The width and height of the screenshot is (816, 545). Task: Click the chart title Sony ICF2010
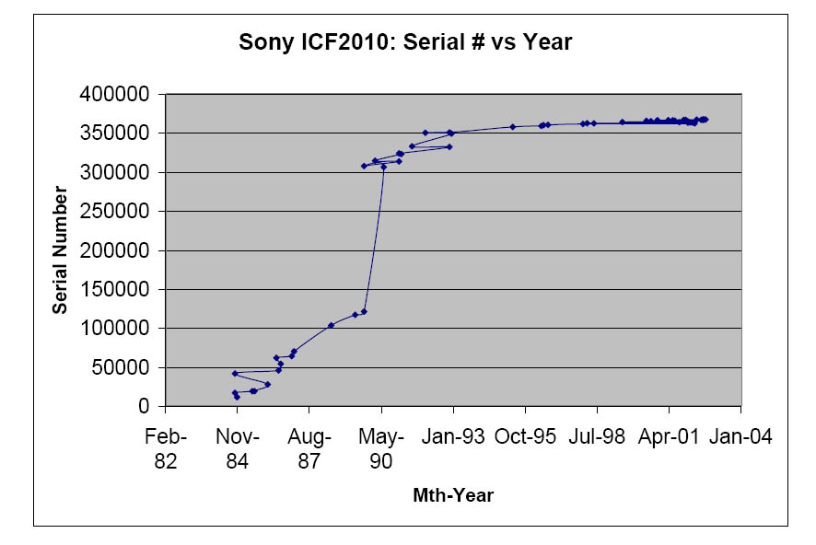pyautogui.click(x=405, y=42)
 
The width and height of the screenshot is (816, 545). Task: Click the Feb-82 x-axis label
pyautogui.click(x=166, y=447)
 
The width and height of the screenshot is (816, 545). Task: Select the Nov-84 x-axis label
pyautogui.click(x=238, y=447)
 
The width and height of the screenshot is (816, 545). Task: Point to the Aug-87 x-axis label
pyautogui.click(x=309, y=447)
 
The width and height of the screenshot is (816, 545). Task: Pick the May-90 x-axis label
pyautogui.click(x=381, y=447)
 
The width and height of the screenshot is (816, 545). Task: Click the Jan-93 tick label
pyautogui.click(x=453, y=436)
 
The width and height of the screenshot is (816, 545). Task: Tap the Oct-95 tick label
pyautogui.click(x=525, y=436)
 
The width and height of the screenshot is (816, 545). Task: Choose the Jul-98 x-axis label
pyautogui.click(x=597, y=436)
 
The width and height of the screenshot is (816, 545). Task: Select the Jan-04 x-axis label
pyautogui.click(x=740, y=436)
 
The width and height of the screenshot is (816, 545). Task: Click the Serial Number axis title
pyautogui.click(x=60, y=249)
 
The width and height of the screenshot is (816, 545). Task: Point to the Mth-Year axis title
pyautogui.click(x=453, y=495)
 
